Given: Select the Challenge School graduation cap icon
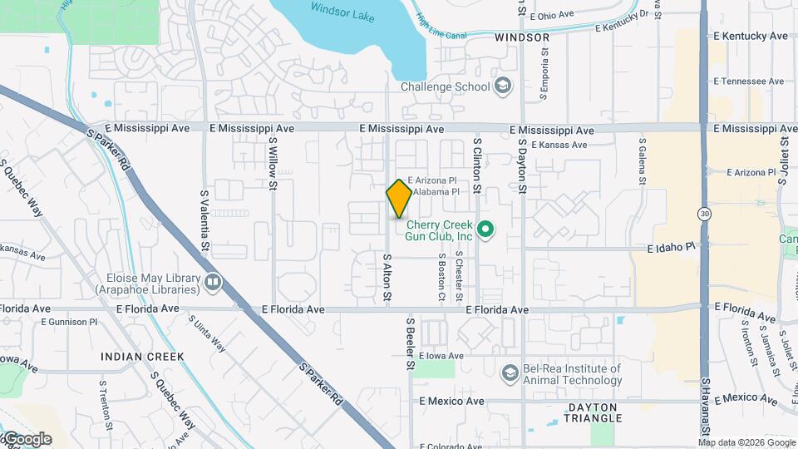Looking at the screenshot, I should click(x=503, y=86).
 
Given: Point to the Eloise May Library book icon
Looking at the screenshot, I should click(x=214, y=284).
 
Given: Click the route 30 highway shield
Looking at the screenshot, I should click(x=704, y=214).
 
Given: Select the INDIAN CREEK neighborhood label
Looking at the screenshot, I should click(x=142, y=357).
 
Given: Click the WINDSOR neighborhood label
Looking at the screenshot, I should click(x=522, y=37).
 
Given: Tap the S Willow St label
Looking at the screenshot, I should click(x=273, y=162).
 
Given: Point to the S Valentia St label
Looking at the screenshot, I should click(x=204, y=220).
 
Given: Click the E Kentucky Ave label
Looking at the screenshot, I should click(x=750, y=37).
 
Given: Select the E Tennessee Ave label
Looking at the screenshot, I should click(x=749, y=81).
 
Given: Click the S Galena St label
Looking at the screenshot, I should click(x=643, y=162).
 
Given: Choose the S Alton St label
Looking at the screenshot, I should click(x=387, y=278).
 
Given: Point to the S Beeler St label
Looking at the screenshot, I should click(x=410, y=342).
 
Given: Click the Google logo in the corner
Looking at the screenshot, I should click(x=27, y=439).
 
